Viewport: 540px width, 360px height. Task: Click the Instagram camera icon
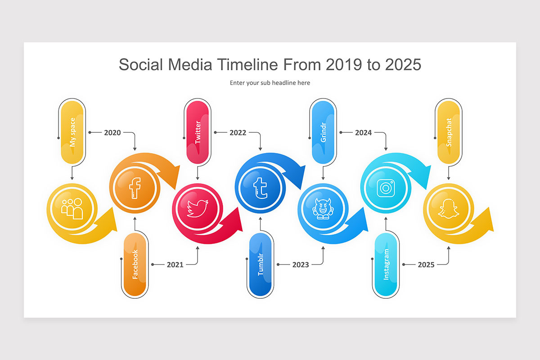[x=385, y=188]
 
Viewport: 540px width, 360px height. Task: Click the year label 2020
[x=112, y=133]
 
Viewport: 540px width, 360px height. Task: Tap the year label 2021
[x=175, y=265]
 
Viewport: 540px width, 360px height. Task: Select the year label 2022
[x=238, y=133]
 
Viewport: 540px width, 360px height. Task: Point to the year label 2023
[x=301, y=265]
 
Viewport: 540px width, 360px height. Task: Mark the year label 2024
[x=363, y=133]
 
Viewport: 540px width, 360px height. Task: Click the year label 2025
[x=426, y=265]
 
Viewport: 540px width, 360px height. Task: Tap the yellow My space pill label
[x=72, y=132]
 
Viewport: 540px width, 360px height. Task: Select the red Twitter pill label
[x=198, y=132]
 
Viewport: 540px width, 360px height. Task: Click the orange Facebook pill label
[x=135, y=265]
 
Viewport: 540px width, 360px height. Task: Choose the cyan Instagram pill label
[x=386, y=265]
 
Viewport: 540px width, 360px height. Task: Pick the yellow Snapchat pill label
[x=448, y=132]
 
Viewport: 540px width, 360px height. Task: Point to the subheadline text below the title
[x=270, y=83]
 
